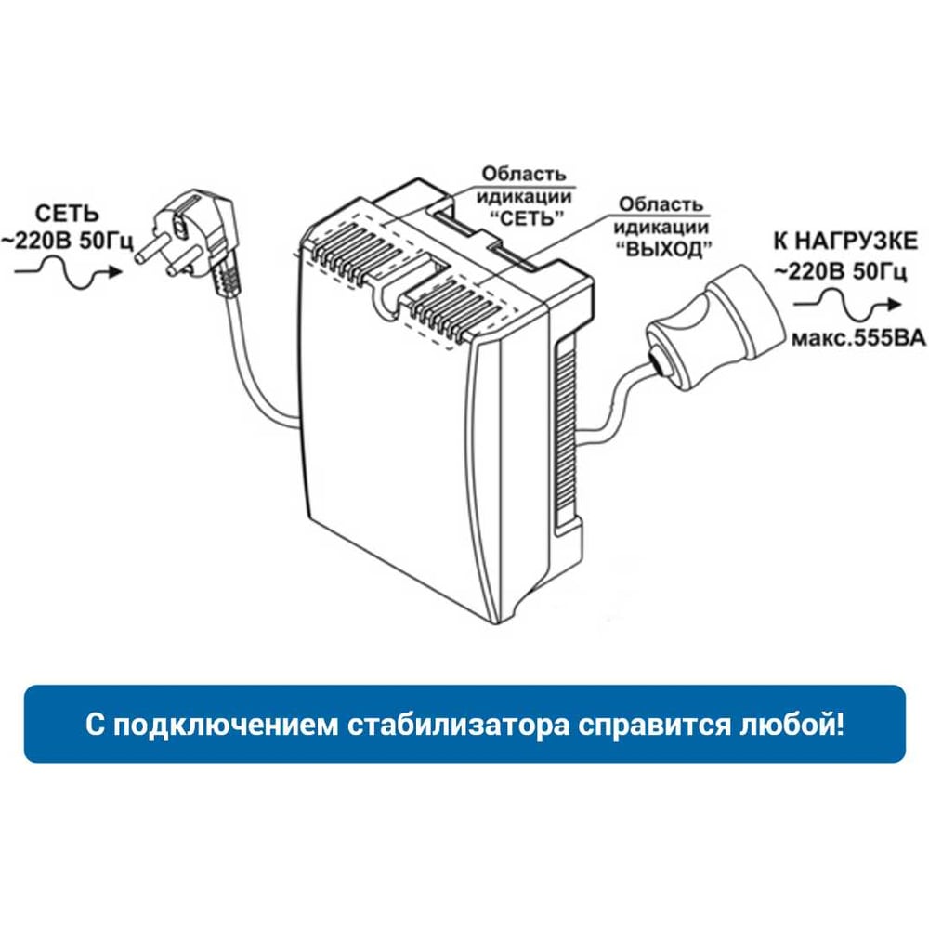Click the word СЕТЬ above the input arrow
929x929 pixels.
tap(66, 214)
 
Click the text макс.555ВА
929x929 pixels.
tap(858, 338)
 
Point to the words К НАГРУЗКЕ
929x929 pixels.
tap(845, 242)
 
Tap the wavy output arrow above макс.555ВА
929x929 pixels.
tap(847, 305)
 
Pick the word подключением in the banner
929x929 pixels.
tap(226, 725)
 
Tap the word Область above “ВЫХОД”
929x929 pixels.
tap(661, 204)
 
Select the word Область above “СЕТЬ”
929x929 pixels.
tap(524, 175)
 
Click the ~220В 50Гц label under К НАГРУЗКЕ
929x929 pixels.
tap(841, 271)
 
